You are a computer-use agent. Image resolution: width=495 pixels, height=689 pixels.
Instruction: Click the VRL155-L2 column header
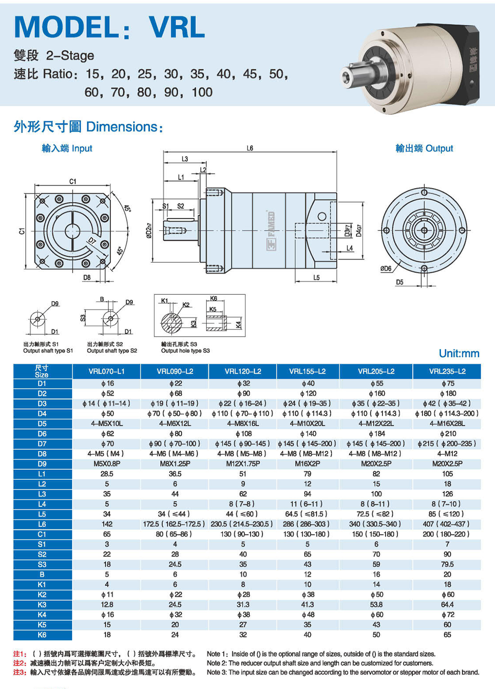307,371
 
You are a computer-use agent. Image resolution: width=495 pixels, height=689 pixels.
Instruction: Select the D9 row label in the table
42,464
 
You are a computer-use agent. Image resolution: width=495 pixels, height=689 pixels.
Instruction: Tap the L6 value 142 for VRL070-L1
107,524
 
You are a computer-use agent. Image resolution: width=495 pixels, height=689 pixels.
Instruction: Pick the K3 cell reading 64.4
447,604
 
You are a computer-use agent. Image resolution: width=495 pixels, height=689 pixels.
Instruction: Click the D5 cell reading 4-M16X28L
447,423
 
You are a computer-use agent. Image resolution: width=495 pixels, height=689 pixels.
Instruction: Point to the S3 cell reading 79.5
447,564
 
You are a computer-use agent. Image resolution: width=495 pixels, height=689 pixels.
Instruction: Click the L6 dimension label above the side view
250,148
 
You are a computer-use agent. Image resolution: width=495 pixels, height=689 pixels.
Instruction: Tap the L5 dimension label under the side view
316,278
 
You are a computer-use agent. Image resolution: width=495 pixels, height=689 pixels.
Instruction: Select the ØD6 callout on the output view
386,269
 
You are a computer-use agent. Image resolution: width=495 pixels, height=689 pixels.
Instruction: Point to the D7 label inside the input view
92,240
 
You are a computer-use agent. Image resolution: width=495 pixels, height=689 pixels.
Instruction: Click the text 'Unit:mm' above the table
459,353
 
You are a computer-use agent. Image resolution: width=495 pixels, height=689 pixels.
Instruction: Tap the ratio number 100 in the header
202,92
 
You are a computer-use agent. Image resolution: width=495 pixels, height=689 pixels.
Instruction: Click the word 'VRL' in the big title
177,27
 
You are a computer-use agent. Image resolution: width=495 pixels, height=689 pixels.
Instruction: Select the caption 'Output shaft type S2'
112,351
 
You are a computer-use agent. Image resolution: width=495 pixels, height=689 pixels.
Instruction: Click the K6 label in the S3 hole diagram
213,298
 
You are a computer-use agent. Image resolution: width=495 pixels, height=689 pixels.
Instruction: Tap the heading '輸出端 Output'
424,148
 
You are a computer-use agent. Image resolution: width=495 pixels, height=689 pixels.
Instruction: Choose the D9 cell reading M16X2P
307,464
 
